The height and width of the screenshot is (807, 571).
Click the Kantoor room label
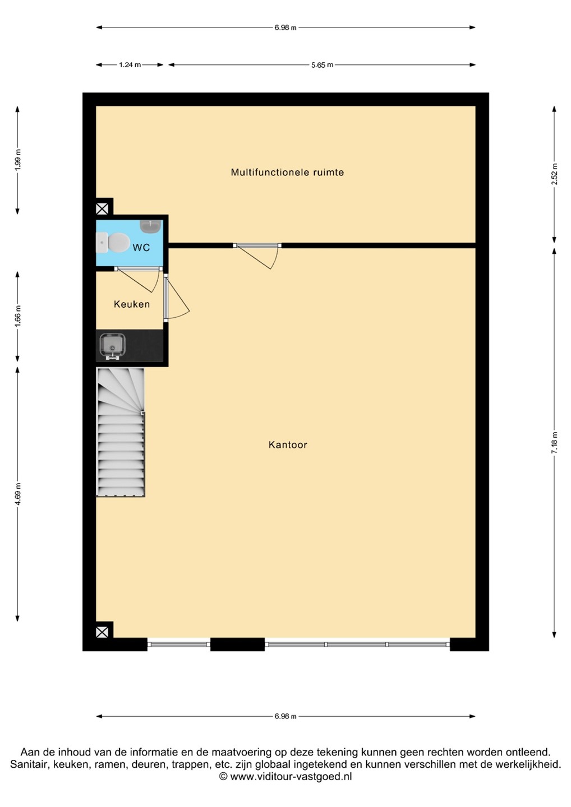point(288,444)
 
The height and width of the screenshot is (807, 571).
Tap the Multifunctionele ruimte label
point(287,172)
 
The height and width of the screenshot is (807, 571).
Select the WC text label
point(141,248)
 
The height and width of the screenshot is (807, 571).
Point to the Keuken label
point(132,304)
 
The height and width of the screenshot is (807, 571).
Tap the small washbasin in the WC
point(151,226)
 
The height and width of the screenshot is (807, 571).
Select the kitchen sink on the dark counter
point(112,346)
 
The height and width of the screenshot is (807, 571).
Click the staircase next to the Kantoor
point(121,432)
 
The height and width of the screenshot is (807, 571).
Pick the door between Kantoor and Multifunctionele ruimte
point(257,256)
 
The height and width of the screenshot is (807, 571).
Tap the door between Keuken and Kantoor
point(176,297)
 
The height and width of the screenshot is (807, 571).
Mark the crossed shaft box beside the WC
point(102,209)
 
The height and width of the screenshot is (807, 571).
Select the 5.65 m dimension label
point(323,65)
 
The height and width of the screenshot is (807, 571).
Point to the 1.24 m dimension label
point(130,65)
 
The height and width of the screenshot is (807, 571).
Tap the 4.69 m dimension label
point(17,493)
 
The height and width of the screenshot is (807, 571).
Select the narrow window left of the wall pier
point(179,644)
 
